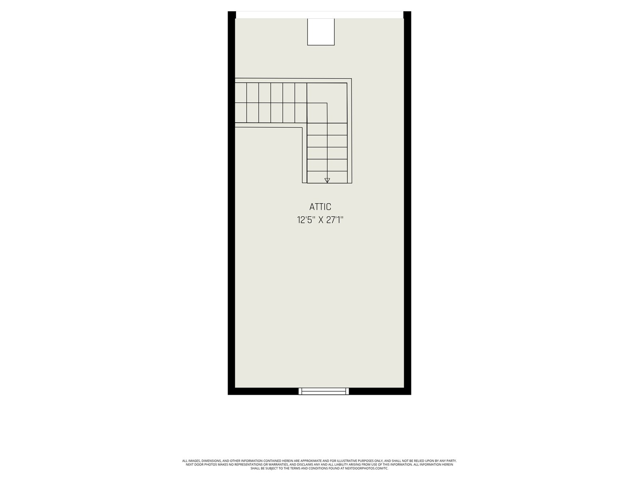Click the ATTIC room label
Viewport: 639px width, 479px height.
[x=320, y=207]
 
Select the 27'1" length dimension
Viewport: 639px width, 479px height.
[x=335, y=220]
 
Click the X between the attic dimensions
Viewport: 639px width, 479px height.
[x=321, y=220]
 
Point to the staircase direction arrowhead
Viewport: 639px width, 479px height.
[x=327, y=180]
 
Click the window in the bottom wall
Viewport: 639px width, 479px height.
[x=323, y=391]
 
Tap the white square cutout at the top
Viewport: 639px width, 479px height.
[x=321, y=32]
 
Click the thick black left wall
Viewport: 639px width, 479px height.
[x=231, y=203]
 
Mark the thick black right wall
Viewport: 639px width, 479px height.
[x=407, y=203]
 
